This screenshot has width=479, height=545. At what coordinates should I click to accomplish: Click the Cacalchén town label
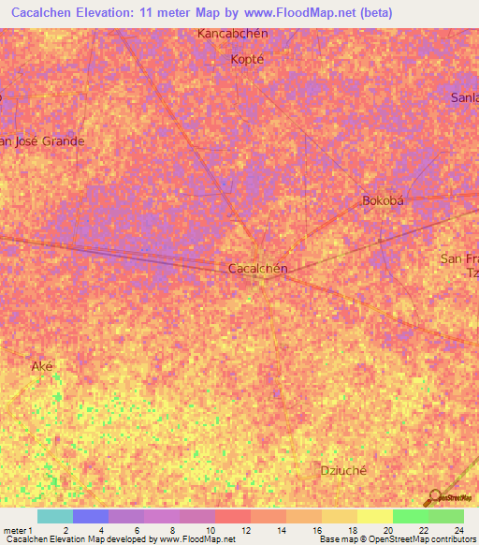257,268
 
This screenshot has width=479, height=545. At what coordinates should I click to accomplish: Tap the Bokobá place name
382,200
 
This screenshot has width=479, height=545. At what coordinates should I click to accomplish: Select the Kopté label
248,58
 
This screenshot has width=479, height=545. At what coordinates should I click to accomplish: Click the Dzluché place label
341,470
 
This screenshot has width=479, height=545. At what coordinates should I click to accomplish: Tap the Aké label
42,365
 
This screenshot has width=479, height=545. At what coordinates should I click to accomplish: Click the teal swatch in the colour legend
54,516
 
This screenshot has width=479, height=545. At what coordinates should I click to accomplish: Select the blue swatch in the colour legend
90,516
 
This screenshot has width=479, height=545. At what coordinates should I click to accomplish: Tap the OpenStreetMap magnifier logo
434,496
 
